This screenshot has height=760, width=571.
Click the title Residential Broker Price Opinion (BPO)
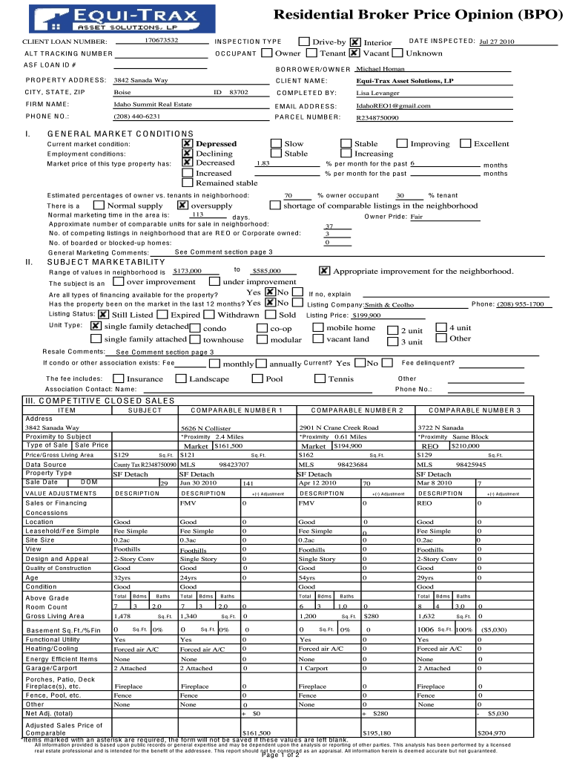418,15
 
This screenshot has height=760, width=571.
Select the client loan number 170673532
162,39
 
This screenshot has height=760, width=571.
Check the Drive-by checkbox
304,42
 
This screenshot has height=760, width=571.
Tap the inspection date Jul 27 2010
497,42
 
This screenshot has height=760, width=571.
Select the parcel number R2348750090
377,117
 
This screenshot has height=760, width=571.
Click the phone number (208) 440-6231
136,117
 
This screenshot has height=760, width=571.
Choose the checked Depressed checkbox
188,143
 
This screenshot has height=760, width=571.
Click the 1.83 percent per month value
262,163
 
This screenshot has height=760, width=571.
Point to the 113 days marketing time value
197,214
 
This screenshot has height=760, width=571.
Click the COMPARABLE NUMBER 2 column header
357,410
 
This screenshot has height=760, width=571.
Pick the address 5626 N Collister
203,428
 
